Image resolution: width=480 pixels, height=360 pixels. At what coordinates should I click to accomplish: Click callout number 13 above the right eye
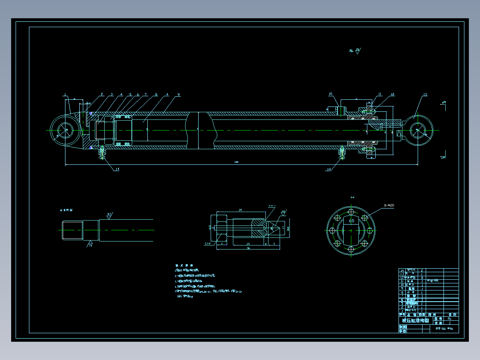click(425, 94)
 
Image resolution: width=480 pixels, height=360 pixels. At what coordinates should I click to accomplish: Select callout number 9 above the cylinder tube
click(178, 94)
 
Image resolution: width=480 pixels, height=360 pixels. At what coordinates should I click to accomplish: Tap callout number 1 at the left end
click(65, 94)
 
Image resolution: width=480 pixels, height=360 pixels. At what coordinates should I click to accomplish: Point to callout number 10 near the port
click(330, 94)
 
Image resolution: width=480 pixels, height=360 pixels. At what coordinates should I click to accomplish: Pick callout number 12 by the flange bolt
click(392, 94)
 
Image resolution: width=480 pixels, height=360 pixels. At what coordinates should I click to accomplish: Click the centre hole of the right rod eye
click(418, 130)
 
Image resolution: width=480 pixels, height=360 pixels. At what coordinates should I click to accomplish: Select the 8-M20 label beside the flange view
click(388, 205)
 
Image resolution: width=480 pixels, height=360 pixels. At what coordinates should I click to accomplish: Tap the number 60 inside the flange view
click(351, 221)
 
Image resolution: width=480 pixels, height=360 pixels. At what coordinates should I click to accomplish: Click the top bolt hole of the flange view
click(351, 211)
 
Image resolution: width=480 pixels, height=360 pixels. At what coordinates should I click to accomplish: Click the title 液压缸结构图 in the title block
click(415, 320)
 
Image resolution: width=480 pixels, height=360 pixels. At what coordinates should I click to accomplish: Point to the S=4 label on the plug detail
click(207, 244)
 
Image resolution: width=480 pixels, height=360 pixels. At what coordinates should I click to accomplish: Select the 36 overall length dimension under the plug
click(248, 249)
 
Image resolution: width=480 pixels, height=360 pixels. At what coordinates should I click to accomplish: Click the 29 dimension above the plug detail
click(240, 209)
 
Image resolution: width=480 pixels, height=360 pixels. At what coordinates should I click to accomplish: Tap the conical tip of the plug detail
click(275, 227)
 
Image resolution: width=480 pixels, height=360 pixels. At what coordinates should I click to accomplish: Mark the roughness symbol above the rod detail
click(109, 215)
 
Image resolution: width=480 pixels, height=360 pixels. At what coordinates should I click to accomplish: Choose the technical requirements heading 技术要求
click(183, 265)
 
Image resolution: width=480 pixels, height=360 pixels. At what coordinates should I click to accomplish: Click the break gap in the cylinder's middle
click(200, 130)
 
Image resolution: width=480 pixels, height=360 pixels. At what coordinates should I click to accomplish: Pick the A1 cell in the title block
click(437, 319)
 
